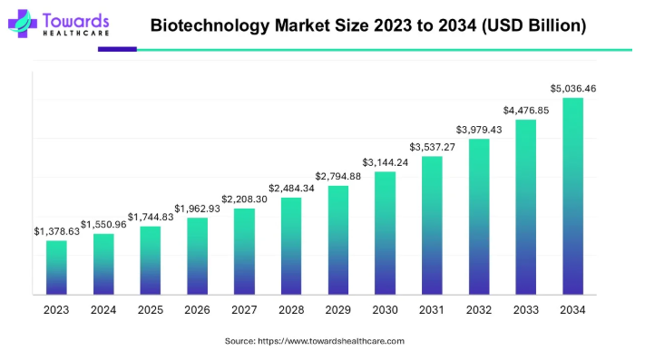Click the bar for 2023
click(56, 268)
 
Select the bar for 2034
click(572, 196)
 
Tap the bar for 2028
click(291, 246)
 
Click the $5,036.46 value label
click(572, 89)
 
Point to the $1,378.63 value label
click(56, 231)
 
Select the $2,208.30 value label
click(244, 199)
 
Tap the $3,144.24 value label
click(385, 162)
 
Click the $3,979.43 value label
click(479, 129)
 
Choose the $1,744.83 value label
click(151, 217)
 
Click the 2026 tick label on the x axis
click(197, 310)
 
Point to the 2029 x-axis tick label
click(337, 310)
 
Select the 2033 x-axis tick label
click(525, 310)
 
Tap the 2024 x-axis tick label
click(103, 310)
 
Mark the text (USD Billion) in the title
click(531, 25)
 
